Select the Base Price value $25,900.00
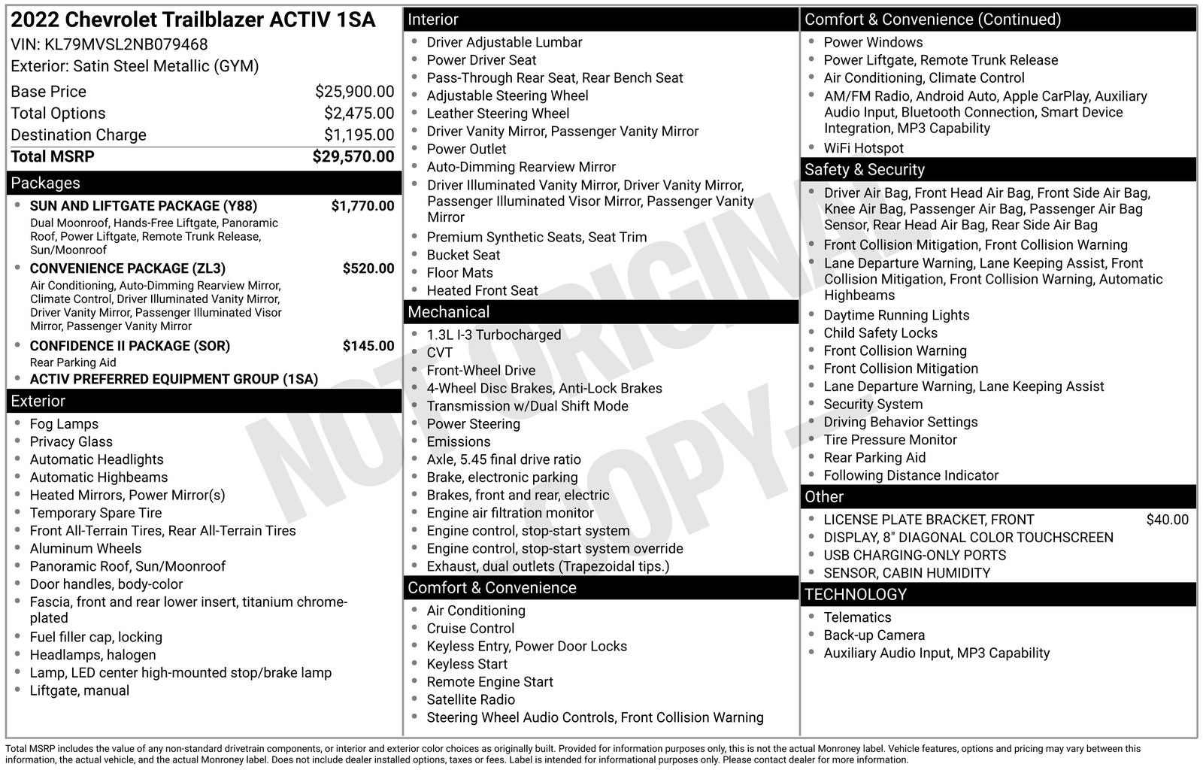pos(354,92)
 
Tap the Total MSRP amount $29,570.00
pos(353,156)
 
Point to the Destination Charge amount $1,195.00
pos(359,135)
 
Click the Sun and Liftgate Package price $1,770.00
pos(362,206)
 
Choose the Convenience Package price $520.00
pos(368,268)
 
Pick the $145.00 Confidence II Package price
pos(368,346)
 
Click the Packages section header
pos(46,183)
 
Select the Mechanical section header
pos(448,312)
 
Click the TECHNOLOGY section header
pos(856,595)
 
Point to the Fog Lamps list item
pos(64,424)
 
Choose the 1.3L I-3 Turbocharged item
pos(493,335)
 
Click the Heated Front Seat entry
pos(482,291)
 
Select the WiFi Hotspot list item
pos(863,148)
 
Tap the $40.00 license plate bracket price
pos(1167,520)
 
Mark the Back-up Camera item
pos(874,635)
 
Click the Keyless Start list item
pos(467,664)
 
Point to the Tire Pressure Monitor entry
pos(889,440)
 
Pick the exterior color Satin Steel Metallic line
pos(135,66)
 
